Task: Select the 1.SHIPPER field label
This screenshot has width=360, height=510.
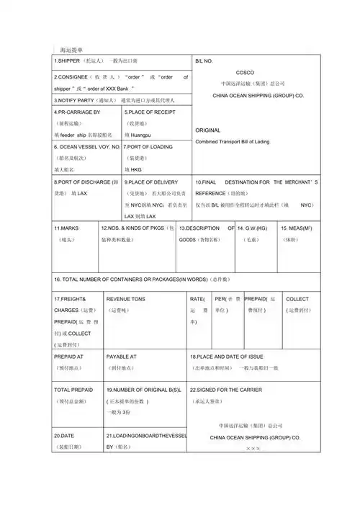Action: coord(69,61)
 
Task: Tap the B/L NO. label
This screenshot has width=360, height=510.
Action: coord(205,61)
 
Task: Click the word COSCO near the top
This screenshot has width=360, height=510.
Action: coord(245,73)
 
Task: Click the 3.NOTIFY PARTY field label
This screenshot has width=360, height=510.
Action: coord(76,100)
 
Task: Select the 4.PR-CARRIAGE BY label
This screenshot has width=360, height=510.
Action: coord(77,112)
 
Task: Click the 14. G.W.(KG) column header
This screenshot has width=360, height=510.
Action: coord(252,228)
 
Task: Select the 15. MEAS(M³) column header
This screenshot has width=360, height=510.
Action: coord(297,228)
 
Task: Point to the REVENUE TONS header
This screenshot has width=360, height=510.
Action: coord(125,298)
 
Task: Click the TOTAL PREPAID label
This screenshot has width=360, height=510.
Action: coord(73,389)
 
